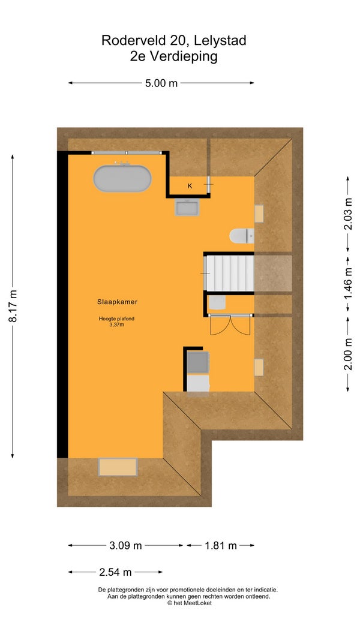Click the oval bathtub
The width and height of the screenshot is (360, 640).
(122, 178)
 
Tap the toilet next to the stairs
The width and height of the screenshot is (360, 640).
(242, 236)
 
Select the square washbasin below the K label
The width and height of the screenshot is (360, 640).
(187, 208)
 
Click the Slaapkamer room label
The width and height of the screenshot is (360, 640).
(117, 302)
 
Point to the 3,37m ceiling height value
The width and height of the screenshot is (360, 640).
(117, 325)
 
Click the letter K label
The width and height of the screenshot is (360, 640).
(190, 186)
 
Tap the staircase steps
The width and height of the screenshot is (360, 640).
(229, 273)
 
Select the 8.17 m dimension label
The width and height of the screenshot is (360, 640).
(13, 306)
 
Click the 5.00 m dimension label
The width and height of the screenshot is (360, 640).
(161, 83)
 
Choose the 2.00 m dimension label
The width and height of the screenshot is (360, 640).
(348, 354)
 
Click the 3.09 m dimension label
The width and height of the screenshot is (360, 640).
(126, 545)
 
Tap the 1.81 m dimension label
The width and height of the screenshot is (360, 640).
(221, 545)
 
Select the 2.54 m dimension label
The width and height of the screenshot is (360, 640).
(116, 572)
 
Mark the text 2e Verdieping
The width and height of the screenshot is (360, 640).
(174, 57)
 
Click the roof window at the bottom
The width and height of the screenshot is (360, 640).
(118, 467)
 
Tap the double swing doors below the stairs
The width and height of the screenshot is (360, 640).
(230, 325)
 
